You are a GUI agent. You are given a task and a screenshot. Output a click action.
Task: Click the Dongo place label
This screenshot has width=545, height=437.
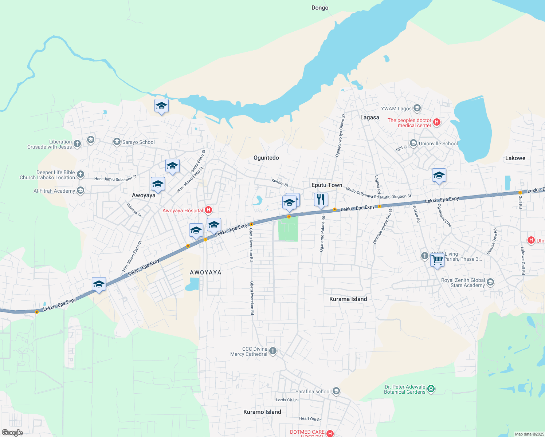click(x=319, y=8)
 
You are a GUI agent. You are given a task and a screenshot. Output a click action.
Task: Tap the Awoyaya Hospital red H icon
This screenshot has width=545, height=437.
click(x=208, y=210)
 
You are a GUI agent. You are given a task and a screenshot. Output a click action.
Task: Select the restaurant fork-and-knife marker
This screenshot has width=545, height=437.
click(x=321, y=200)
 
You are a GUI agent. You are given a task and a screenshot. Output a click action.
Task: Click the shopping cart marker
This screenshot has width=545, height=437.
click(x=437, y=260)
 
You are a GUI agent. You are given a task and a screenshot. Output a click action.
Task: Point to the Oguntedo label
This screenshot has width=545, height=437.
click(x=266, y=158)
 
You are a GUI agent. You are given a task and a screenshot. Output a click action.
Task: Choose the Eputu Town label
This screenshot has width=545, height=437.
click(x=327, y=185)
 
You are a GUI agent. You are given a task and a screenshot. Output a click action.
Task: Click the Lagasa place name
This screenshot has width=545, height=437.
click(x=369, y=117)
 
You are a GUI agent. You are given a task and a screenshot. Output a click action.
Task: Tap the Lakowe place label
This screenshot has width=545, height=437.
click(x=515, y=158)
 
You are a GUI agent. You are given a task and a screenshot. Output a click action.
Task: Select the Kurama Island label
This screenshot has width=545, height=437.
click(x=348, y=299)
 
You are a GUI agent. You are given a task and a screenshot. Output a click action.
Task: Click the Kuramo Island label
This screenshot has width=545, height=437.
click(x=262, y=412)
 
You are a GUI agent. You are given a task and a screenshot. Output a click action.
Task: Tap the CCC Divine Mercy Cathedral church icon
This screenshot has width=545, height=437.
click(x=273, y=351)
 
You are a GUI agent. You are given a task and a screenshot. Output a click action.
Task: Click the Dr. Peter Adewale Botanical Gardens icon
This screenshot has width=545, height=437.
click(x=431, y=389)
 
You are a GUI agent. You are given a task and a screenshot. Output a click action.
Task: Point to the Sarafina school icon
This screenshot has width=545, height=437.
click(x=336, y=391)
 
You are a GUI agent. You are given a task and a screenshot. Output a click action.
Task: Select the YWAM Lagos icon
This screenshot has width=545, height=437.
click(x=417, y=108)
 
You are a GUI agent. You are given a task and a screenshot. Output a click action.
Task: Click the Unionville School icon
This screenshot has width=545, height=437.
click(x=413, y=143)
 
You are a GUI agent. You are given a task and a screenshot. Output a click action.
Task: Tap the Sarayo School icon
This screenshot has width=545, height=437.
click(x=117, y=142)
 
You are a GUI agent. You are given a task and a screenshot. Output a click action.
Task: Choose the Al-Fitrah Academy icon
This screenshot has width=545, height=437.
click(x=81, y=190)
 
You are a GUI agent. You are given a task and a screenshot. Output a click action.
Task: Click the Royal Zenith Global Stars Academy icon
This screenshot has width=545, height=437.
click(x=490, y=282)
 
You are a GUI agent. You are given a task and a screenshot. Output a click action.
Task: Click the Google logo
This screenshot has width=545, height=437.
click(x=12, y=432)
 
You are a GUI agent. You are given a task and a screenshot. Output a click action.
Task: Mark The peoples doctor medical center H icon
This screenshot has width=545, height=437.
click(x=437, y=122)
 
